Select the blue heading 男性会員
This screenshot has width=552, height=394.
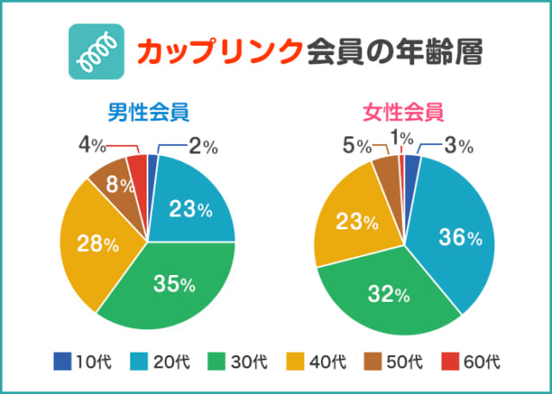click(147, 112)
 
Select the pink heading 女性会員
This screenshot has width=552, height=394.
click(404, 112)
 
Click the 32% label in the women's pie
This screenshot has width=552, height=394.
click(389, 294)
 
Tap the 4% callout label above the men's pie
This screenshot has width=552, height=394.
click(92, 146)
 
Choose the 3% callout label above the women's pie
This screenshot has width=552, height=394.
click(457, 147)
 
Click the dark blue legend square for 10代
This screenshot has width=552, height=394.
click(62, 361)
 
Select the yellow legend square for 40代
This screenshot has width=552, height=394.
click(301, 361)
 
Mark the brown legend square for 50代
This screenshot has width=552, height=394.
click(380, 361)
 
